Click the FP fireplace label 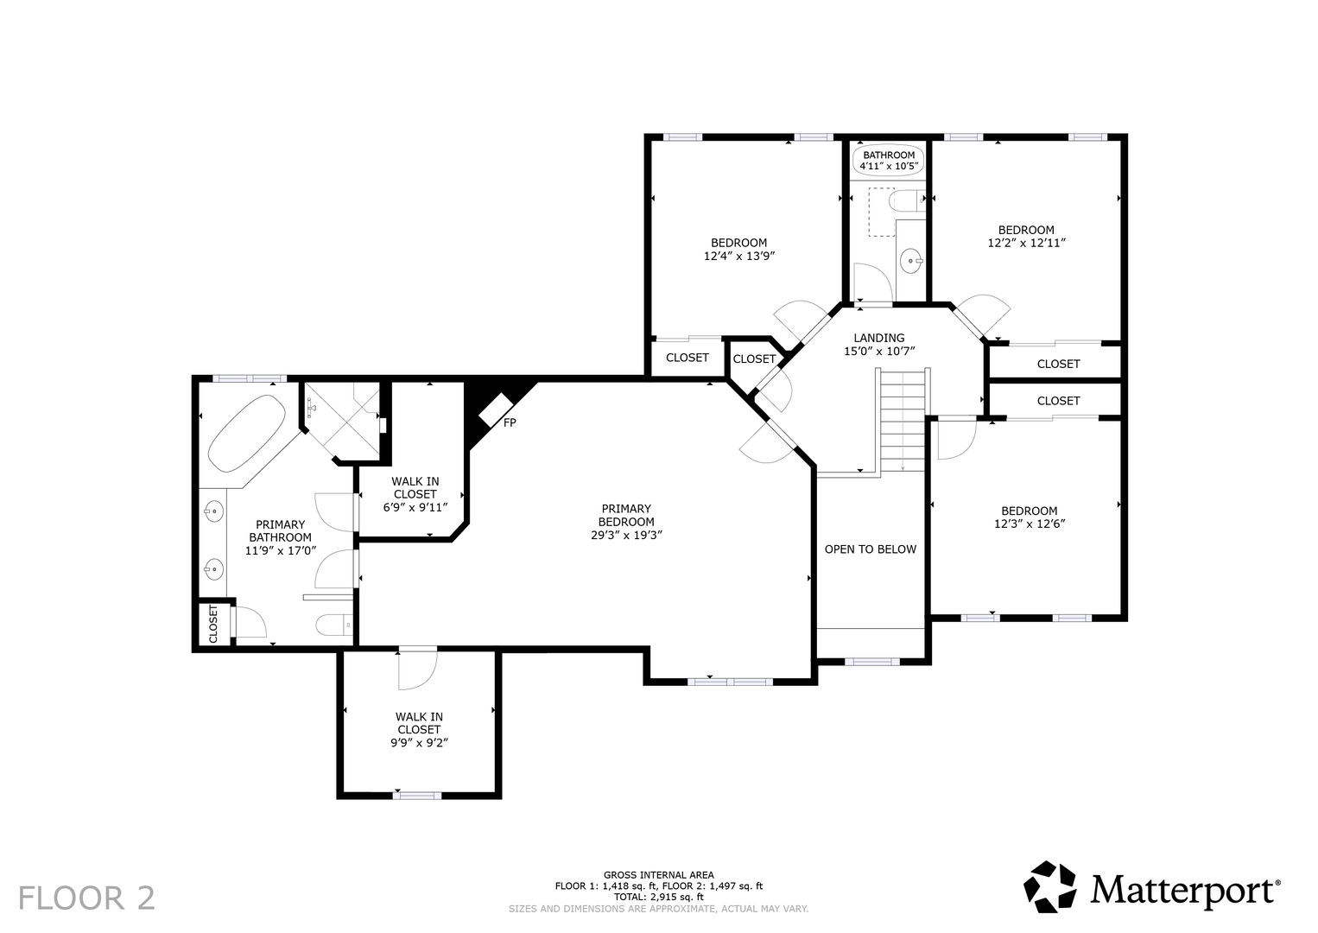pyautogui.click(x=510, y=422)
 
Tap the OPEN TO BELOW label pyautogui.click(x=871, y=549)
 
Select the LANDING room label pyautogui.click(x=879, y=338)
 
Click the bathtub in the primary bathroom pyautogui.click(x=247, y=433)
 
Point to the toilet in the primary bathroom pyautogui.click(x=335, y=625)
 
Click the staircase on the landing pyautogui.click(x=903, y=420)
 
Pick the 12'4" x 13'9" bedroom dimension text pyautogui.click(x=739, y=256)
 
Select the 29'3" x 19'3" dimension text pyautogui.click(x=627, y=535)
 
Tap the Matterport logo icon pyautogui.click(x=1050, y=895)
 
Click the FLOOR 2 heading pyautogui.click(x=87, y=898)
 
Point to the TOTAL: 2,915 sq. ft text pyautogui.click(x=658, y=897)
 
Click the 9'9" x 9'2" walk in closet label pyautogui.click(x=419, y=743)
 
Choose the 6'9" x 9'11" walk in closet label pyautogui.click(x=415, y=507)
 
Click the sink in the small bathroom pyautogui.click(x=911, y=261)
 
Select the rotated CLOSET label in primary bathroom pyautogui.click(x=213, y=624)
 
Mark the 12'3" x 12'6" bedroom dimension pyautogui.click(x=1030, y=524)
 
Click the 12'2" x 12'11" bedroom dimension pyautogui.click(x=1026, y=243)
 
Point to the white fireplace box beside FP pyautogui.click(x=496, y=409)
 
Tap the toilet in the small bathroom pyautogui.click(x=906, y=200)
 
